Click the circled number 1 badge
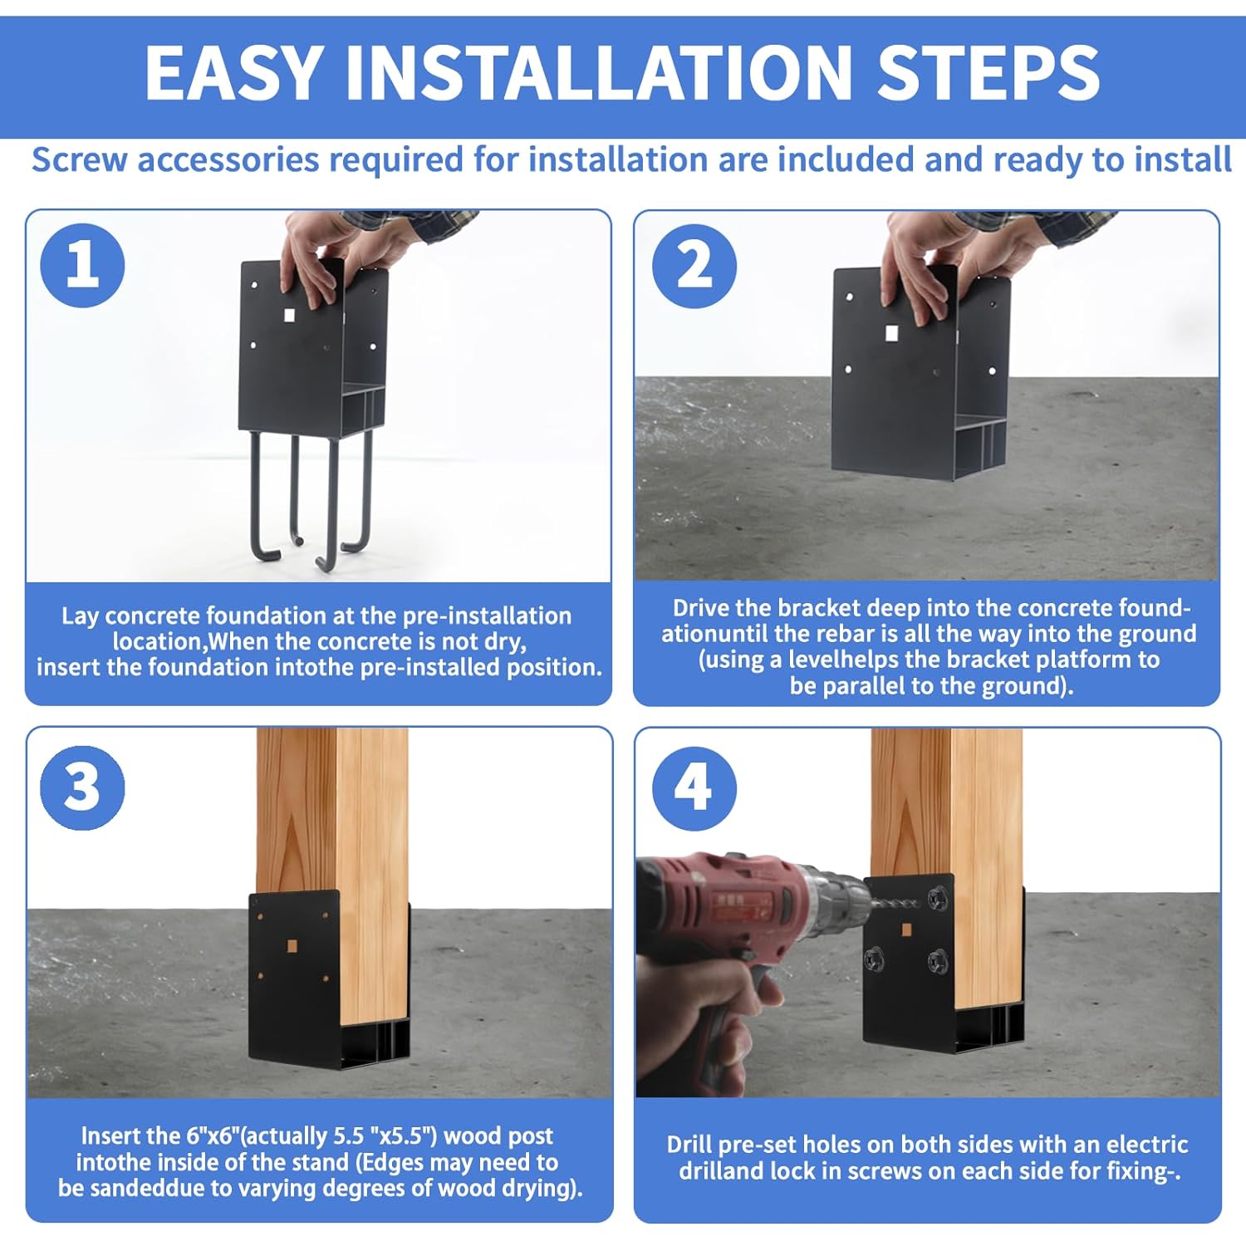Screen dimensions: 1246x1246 coord(82,266)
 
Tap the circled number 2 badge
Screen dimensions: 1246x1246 coord(694,266)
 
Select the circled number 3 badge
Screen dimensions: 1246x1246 coord(82,787)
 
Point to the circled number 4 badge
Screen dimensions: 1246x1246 coord(694,787)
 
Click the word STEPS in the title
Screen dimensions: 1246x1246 coord(988,72)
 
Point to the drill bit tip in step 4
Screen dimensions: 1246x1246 coord(920,902)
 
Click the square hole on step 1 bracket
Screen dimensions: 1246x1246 coord(289,316)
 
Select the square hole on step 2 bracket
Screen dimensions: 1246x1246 coord(891,334)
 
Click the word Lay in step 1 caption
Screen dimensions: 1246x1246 coord(80,616)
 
